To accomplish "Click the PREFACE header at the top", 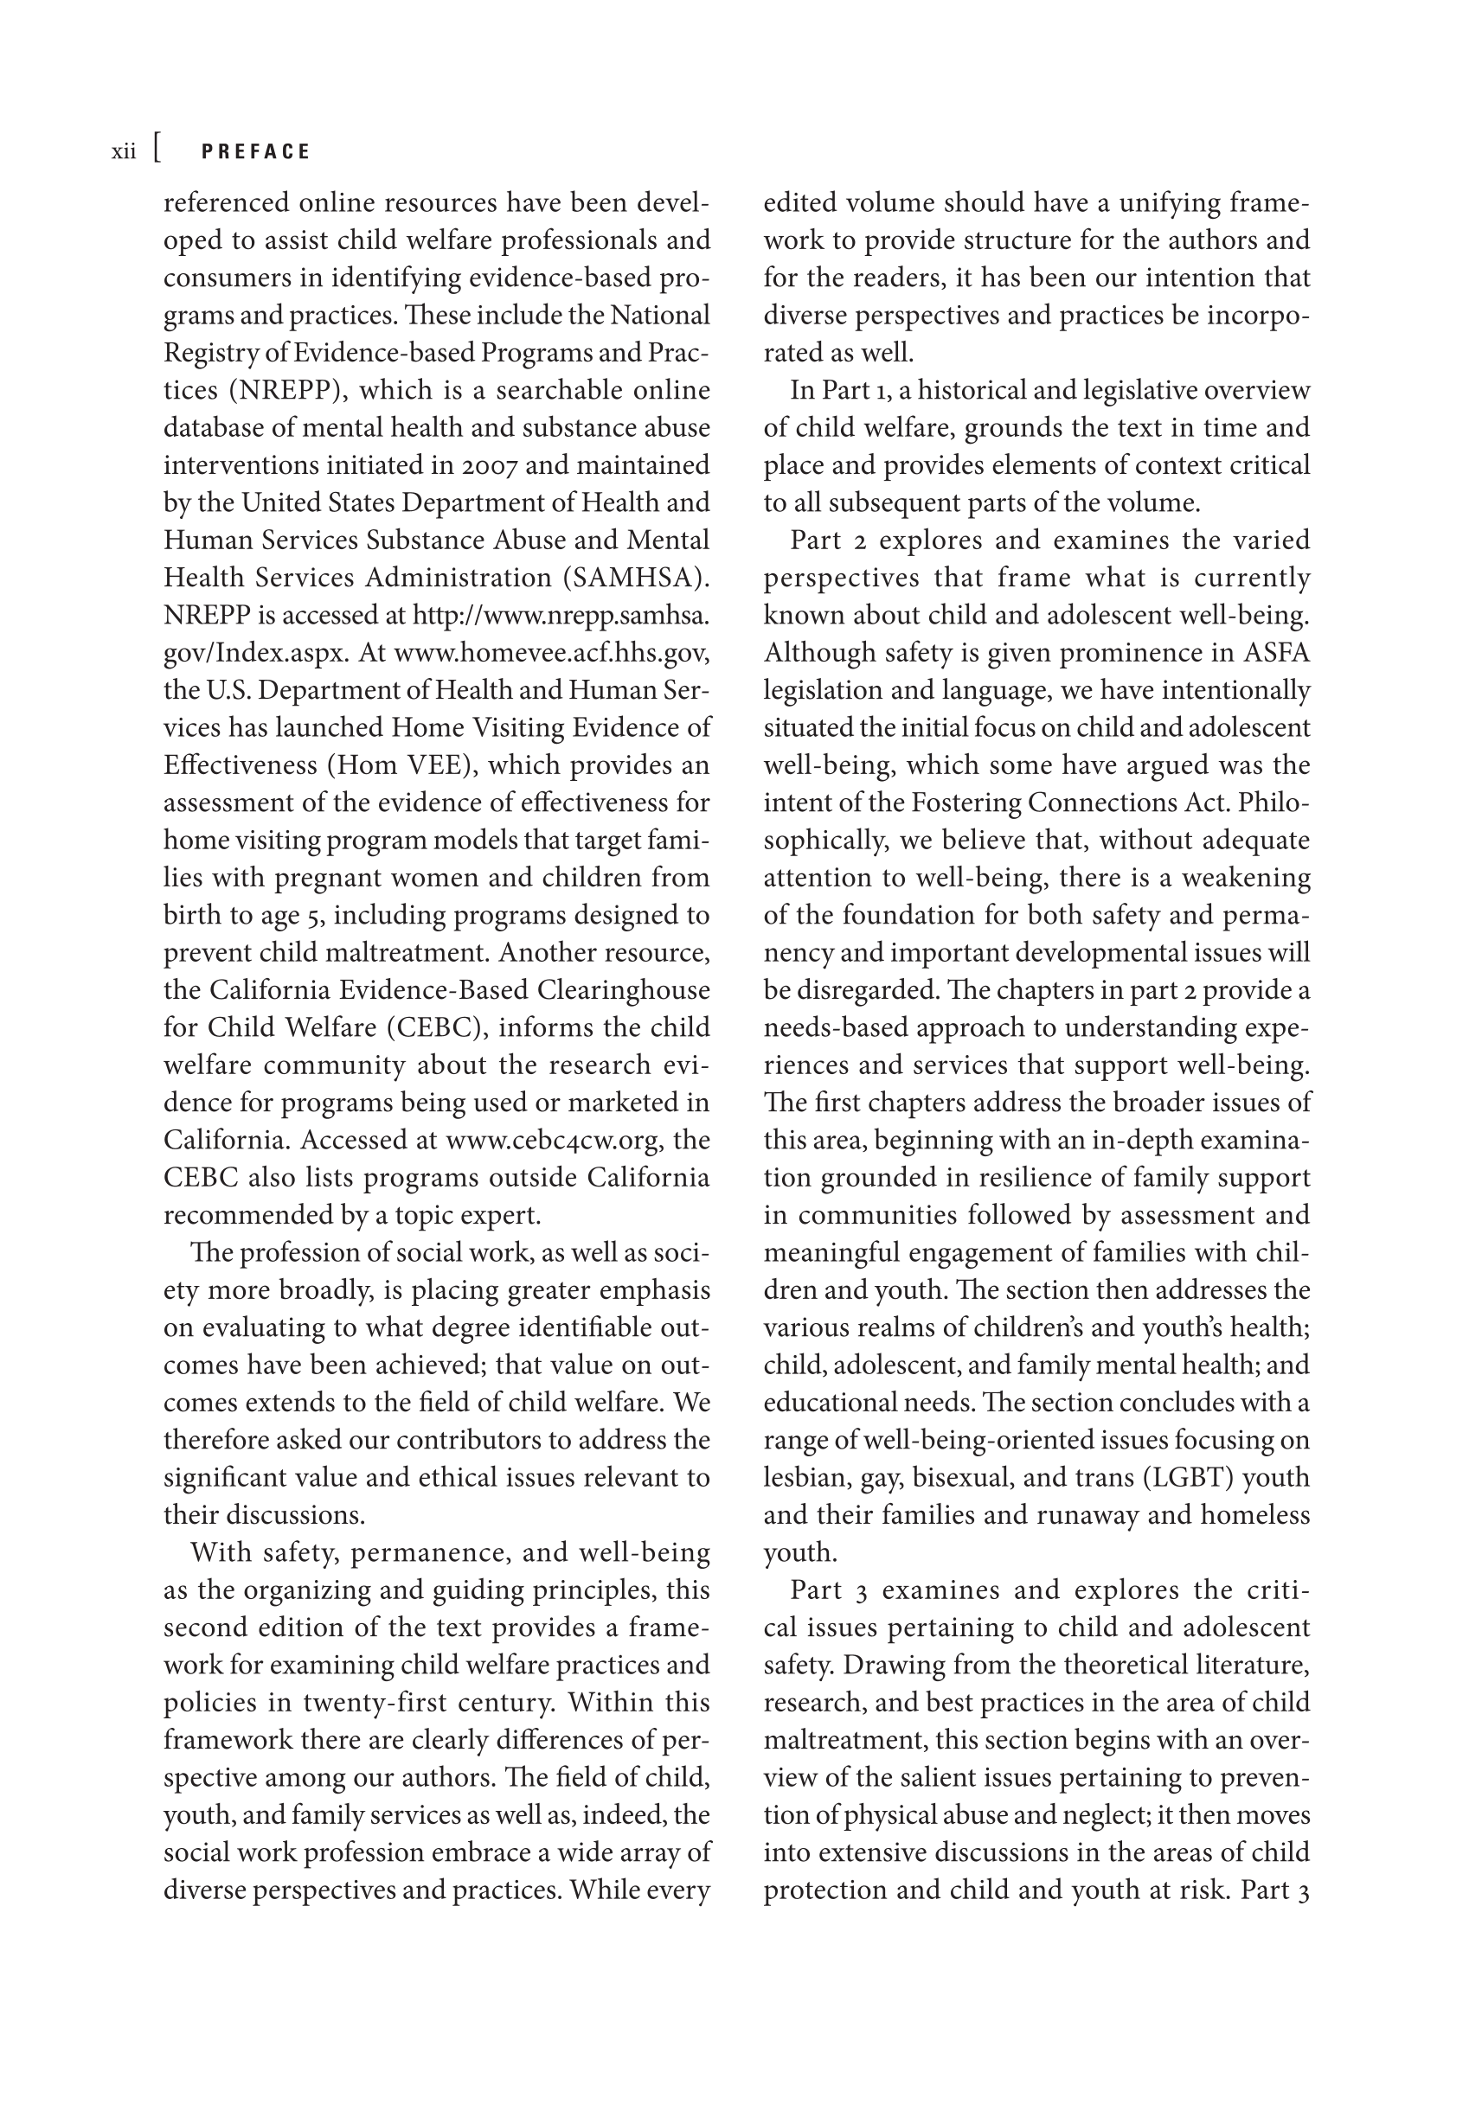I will [255, 152].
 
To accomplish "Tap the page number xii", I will [124, 152].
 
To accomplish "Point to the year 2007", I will [490, 465].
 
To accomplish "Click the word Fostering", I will [965, 803].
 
